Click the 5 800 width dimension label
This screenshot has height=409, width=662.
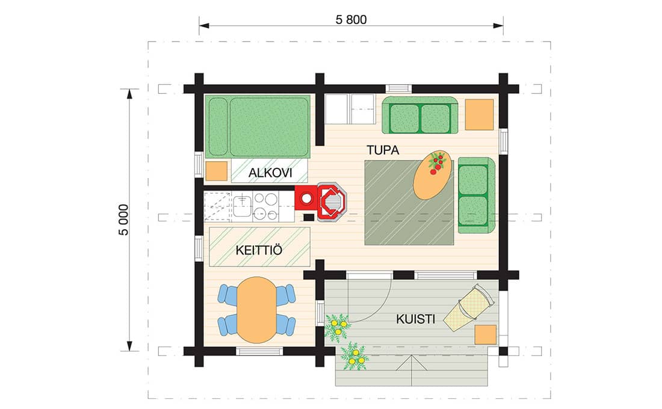click(351, 19)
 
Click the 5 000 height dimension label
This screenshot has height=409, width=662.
click(123, 220)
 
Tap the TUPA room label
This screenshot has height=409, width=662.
click(383, 150)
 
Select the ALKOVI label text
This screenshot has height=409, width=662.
click(270, 173)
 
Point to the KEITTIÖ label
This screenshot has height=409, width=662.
click(259, 250)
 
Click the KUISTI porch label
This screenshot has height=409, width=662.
click(415, 319)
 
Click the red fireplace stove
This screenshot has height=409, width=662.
click(321, 202)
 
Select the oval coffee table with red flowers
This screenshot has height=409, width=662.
click(433, 175)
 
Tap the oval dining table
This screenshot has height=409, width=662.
click(256, 310)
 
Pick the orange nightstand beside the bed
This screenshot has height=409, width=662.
click(216, 171)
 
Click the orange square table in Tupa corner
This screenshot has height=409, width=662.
click(479, 114)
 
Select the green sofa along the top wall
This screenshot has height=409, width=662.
click(420, 115)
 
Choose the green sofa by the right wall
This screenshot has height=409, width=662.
click(476, 195)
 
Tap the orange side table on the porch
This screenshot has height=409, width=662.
click(486, 334)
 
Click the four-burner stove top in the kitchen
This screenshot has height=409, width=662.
click(265, 206)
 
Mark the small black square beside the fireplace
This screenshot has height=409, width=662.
click(309, 217)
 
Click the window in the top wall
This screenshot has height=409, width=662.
click(398, 88)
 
